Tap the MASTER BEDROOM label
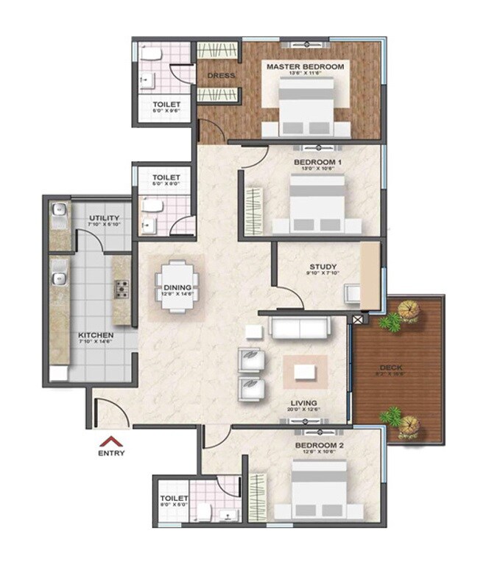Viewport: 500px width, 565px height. click(x=305, y=67)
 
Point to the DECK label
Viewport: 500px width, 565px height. click(x=398, y=366)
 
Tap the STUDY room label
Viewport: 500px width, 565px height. click(x=323, y=267)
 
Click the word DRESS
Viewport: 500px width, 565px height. click(x=219, y=75)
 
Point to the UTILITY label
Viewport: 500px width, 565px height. click(x=105, y=219)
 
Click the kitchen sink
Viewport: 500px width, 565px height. click(x=59, y=279)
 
